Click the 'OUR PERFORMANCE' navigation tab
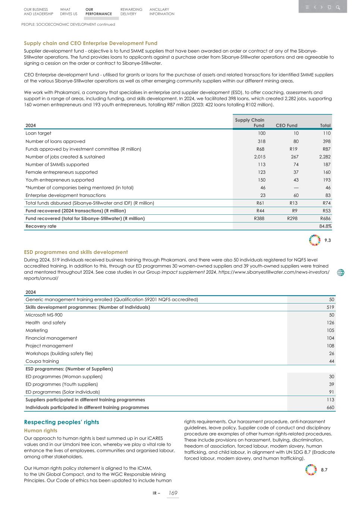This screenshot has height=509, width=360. tap(98, 12)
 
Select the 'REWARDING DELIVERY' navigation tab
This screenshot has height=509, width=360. tap(131, 12)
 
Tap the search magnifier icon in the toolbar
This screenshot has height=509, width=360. tap(338, 7)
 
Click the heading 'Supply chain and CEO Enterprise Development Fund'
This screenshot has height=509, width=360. tap(91, 43)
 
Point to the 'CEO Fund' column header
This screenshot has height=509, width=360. tap(286, 126)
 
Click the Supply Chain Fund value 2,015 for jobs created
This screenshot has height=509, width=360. tap(259, 157)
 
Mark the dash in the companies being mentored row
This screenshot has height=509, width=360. tap(295, 188)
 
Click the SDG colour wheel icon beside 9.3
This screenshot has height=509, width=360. tap(315, 240)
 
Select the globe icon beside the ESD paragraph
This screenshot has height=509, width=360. tap(340, 273)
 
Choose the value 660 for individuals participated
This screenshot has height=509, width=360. tap(330, 408)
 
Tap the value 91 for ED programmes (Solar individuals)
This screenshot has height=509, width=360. tap(331, 392)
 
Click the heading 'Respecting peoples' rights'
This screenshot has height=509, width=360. tap(62, 422)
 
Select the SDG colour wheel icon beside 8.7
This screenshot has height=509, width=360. tap(311, 470)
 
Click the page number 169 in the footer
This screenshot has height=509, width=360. tap(172, 493)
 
